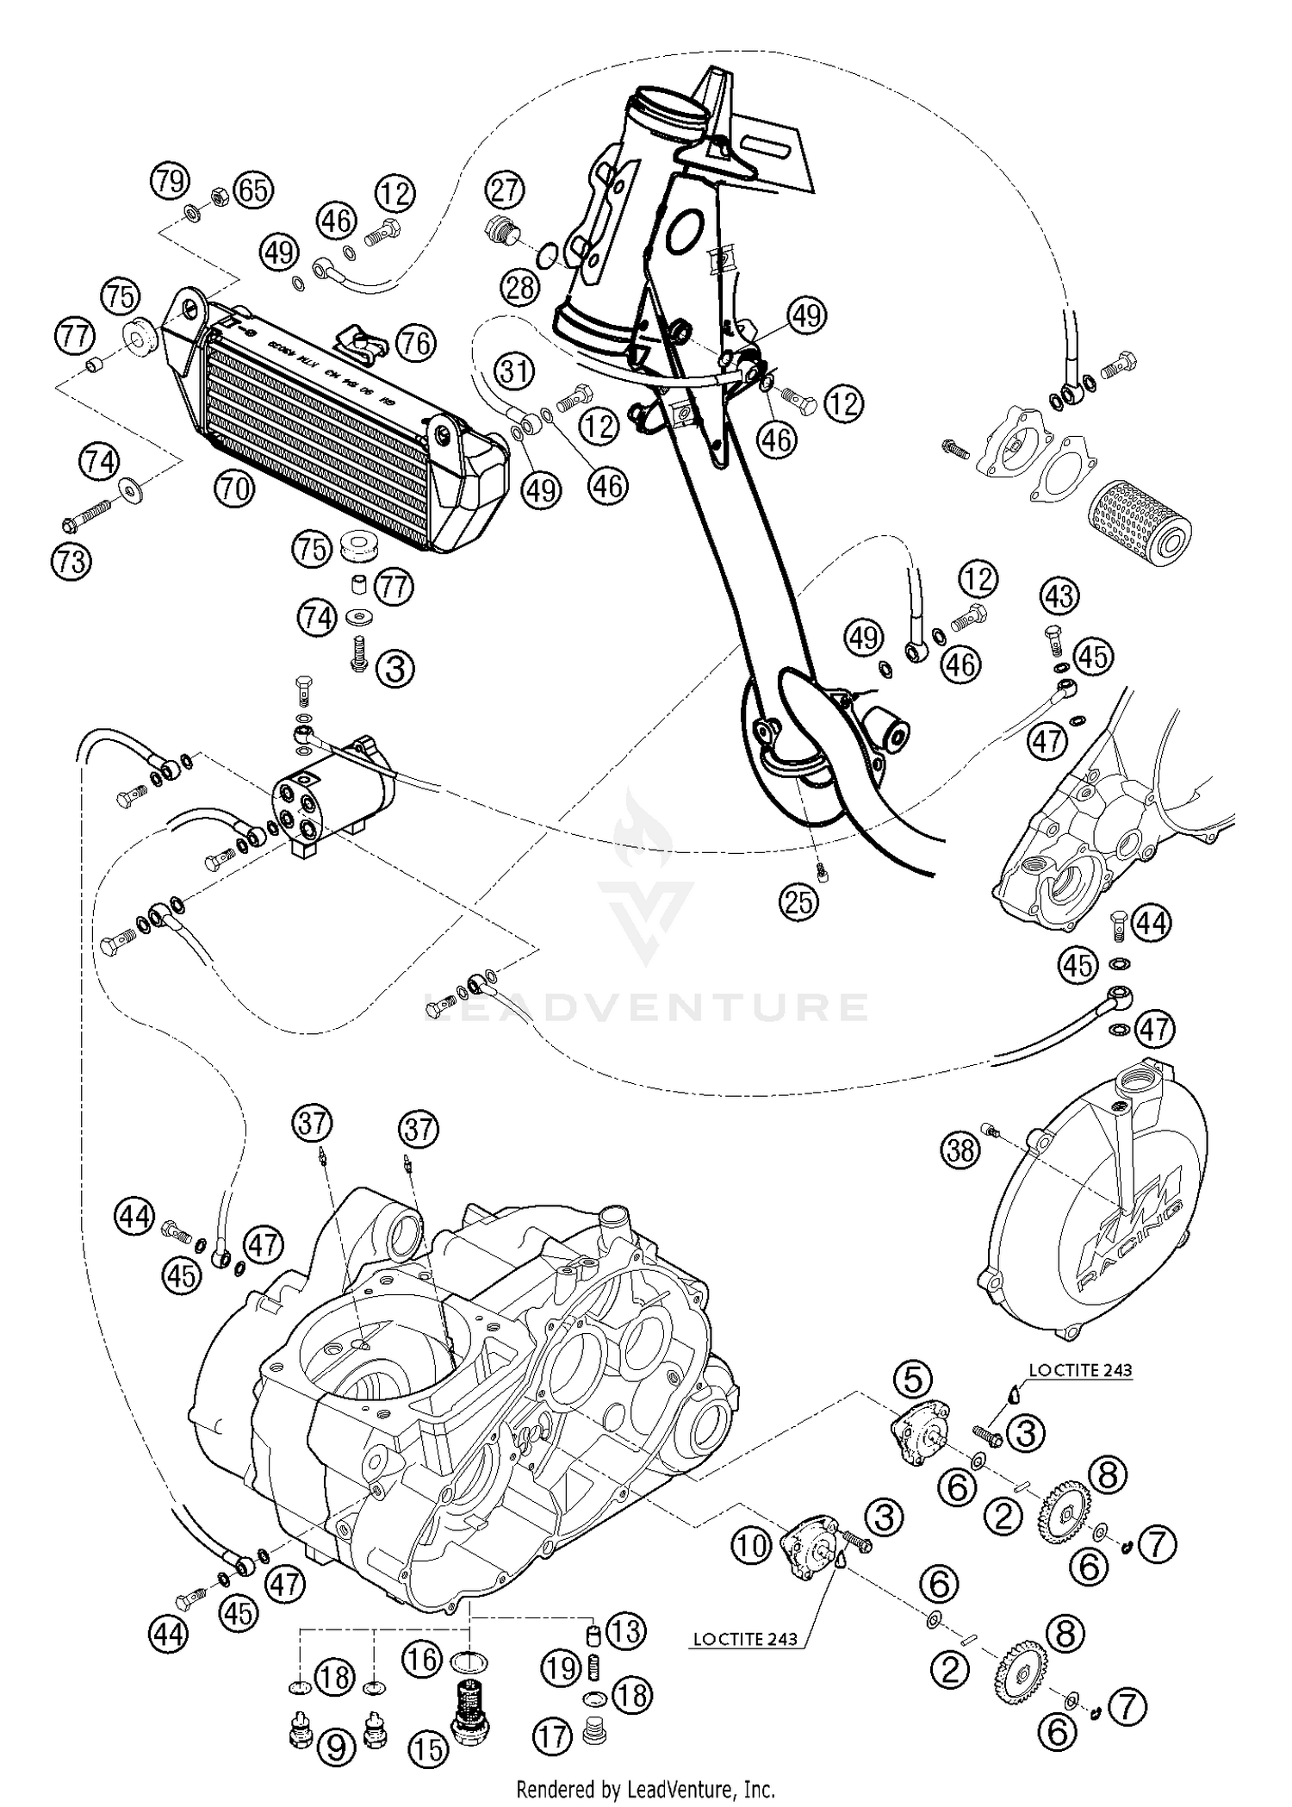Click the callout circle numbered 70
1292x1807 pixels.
tap(234, 489)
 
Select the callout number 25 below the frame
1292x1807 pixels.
tap(798, 901)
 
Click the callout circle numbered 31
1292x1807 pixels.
tap(514, 372)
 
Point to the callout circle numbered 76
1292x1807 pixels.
tap(416, 344)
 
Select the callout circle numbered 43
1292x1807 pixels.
tap(1059, 597)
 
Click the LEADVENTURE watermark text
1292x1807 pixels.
tap(646, 1006)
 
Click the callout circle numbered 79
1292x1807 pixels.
tap(170, 182)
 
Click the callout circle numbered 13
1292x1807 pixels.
tap(624, 1631)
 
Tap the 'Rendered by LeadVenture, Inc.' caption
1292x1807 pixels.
tap(645, 1789)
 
